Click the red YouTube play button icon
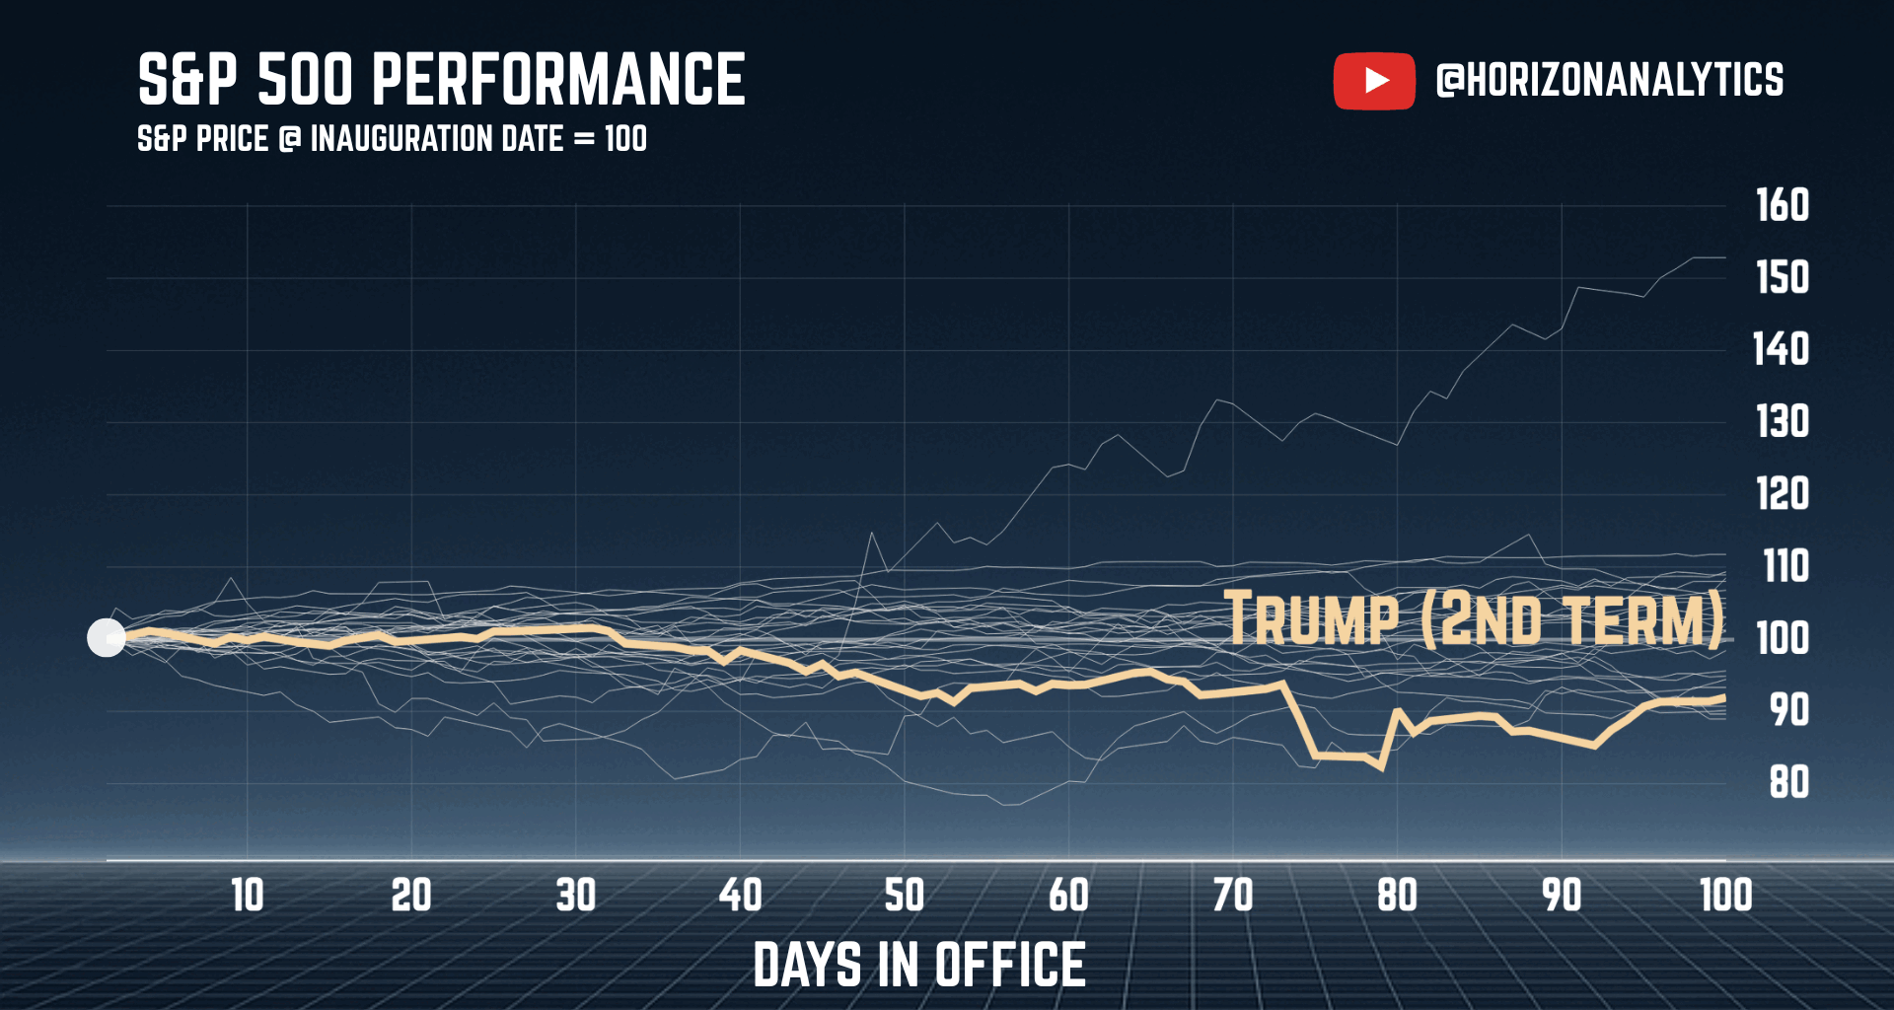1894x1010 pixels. [1374, 81]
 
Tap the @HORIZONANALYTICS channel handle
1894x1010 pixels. [1610, 81]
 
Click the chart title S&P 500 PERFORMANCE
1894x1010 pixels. [441, 80]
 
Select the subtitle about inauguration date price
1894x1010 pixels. [392, 139]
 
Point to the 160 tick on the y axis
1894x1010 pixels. [1783, 205]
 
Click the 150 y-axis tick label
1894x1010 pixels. [1783, 277]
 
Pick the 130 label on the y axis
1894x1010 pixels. [1783, 422]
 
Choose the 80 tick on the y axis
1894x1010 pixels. [1788, 783]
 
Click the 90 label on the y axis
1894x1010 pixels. [1788, 710]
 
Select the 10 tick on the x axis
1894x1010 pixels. [248, 896]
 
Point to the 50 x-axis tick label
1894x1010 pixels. [905, 896]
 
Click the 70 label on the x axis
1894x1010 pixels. [1233, 896]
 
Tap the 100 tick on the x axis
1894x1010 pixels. [1726, 896]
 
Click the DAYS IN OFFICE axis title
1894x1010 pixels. [919, 965]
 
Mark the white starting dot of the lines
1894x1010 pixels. [107, 638]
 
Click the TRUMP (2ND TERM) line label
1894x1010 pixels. [1474, 619]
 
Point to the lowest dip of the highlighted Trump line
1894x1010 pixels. [1382, 768]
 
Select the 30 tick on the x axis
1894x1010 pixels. [576, 896]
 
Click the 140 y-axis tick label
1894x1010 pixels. [1781, 349]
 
